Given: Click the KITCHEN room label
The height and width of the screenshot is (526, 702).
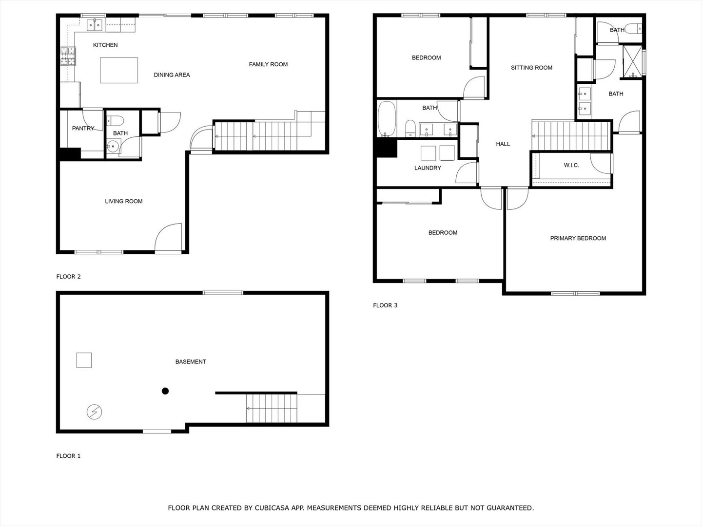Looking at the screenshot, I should (x=105, y=45).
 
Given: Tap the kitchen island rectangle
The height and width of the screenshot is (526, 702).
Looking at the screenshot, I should (x=119, y=70).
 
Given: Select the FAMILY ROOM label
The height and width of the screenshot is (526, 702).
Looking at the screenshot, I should (x=268, y=64).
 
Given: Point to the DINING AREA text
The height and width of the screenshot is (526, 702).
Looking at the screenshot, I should (x=172, y=75).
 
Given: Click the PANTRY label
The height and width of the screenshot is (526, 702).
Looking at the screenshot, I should (x=83, y=129).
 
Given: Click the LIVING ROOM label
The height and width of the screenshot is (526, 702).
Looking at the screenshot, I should (x=124, y=201).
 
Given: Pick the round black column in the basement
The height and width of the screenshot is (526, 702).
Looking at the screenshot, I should (x=165, y=391).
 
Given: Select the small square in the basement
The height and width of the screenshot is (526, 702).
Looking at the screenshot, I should (x=84, y=360).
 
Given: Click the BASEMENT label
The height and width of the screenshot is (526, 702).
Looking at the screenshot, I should (x=191, y=362).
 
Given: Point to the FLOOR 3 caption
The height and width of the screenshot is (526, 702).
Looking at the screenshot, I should (x=385, y=305).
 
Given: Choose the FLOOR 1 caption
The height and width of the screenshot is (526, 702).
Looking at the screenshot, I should (x=68, y=456).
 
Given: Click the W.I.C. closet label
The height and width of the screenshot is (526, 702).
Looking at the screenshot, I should (x=571, y=166).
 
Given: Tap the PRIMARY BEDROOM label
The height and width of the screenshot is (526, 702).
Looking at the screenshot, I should (x=578, y=238).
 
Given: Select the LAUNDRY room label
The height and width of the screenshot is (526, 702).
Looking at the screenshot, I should (x=428, y=168).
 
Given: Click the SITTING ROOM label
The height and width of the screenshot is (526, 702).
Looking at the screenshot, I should (x=531, y=68).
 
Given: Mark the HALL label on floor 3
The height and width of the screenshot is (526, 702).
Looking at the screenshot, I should (x=503, y=144).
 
